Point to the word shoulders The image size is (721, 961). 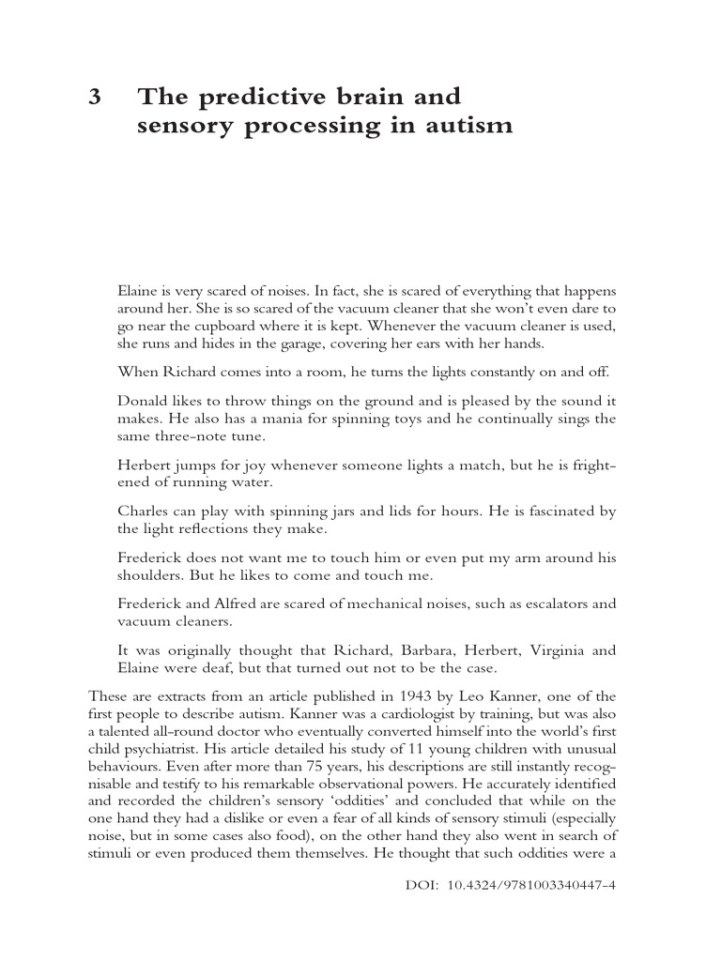click(153, 576)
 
